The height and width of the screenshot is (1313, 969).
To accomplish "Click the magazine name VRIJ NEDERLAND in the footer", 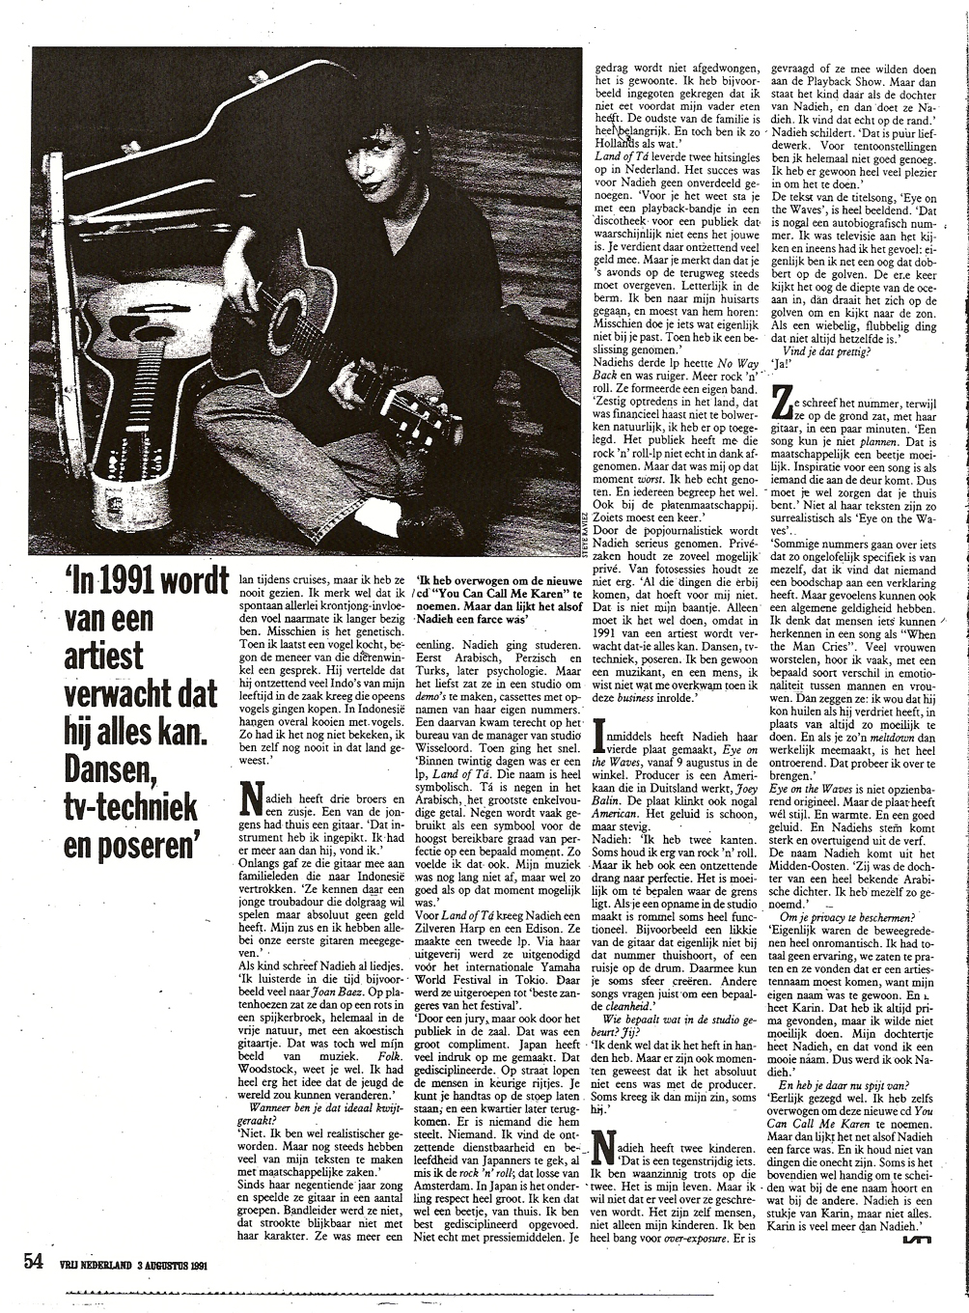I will (x=91, y=1263).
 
